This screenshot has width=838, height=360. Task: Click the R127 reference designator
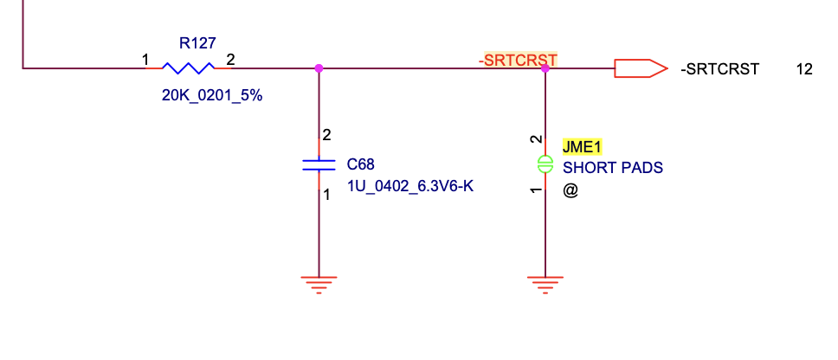coord(197,42)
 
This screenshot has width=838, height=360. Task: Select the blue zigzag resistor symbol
coord(188,67)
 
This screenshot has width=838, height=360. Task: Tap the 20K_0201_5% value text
coord(212,96)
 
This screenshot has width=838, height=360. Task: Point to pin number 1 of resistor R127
coord(145,60)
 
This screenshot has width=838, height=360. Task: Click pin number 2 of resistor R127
coord(230,60)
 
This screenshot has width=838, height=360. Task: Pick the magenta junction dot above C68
coord(319,67)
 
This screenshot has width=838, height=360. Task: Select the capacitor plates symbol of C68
coord(319,164)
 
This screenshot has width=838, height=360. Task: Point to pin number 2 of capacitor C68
coord(326,135)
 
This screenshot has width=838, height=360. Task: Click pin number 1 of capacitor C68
coord(326,196)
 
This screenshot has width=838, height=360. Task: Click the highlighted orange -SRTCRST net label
coord(518,60)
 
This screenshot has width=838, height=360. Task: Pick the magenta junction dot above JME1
coord(545,67)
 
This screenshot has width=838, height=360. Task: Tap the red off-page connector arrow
coord(640,67)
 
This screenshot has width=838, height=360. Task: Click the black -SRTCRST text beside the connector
coord(719,68)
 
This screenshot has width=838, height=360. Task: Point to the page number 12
coord(804,68)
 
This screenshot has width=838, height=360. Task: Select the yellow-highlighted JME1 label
coord(582,146)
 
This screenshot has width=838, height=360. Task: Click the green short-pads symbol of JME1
coord(545,164)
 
